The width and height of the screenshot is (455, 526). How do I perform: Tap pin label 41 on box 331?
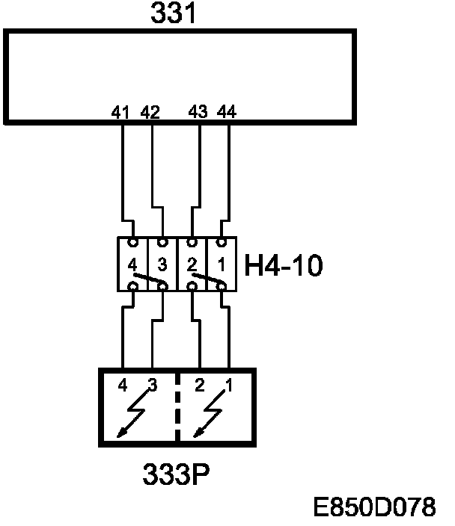[120, 113]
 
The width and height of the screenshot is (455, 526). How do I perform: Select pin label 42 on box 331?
[150, 113]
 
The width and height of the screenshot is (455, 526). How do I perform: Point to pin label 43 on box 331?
[198, 113]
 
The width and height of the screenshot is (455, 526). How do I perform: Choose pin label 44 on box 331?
[227, 113]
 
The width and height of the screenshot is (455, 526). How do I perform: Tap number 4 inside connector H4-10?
[132, 264]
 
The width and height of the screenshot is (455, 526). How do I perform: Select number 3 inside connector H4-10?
[162, 264]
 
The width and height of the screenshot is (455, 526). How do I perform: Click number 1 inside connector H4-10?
[221, 264]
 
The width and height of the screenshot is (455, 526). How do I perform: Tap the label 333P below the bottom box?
[177, 474]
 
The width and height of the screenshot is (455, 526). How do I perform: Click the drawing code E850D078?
[374, 508]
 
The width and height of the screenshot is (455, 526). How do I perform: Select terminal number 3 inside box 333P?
[152, 386]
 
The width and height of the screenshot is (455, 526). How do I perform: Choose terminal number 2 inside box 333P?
[199, 386]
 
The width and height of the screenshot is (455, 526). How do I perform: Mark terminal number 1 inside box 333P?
[229, 386]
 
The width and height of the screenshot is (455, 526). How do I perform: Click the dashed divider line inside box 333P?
[177, 407]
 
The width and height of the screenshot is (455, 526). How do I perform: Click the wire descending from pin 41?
[122, 172]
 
